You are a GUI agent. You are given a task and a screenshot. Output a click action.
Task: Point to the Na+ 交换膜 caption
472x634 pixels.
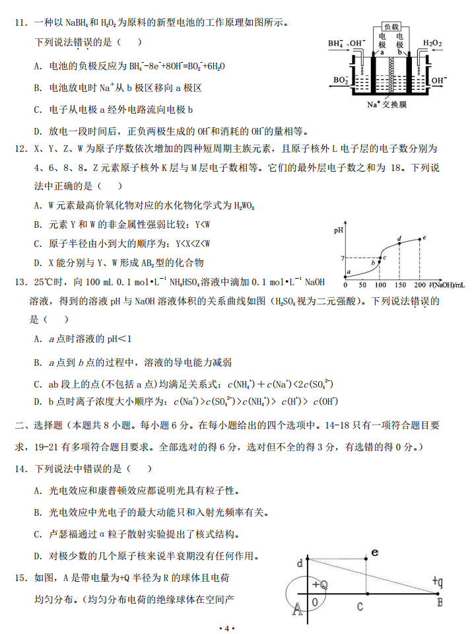pyautogui.click(x=388, y=104)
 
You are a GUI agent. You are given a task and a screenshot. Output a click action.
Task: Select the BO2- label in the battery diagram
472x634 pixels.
pyautogui.click(x=341, y=80)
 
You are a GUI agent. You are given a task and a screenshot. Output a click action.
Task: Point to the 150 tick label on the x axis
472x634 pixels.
pyautogui.click(x=400, y=285)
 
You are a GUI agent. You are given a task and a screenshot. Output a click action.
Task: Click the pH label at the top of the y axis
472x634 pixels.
pyautogui.click(x=339, y=231)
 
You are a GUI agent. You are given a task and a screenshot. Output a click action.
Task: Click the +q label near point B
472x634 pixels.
pyautogui.click(x=438, y=581)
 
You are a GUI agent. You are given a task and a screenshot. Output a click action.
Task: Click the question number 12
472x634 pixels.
pyautogui.click(x=20, y=150)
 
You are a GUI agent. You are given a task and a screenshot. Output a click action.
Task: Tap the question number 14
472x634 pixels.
pyautogui.click(x=20, y=469)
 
